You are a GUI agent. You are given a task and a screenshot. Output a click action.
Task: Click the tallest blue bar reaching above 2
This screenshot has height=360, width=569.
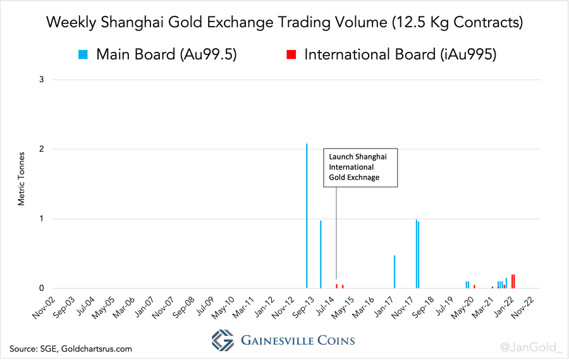click(x=307, y=215)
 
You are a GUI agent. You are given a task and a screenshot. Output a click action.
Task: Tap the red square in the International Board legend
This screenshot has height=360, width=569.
click(x=291, y=54)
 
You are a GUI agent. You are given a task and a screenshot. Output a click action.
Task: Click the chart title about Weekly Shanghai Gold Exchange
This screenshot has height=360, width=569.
click(x=284, y=23)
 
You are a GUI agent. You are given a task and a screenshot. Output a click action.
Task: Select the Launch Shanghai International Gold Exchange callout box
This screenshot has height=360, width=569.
click(x=361, y=167)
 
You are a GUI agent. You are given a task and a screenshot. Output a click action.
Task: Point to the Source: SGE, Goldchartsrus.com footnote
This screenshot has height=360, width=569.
click(x=71, y=348)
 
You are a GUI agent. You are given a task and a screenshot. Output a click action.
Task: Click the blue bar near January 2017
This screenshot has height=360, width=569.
click(x=395, y=272)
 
